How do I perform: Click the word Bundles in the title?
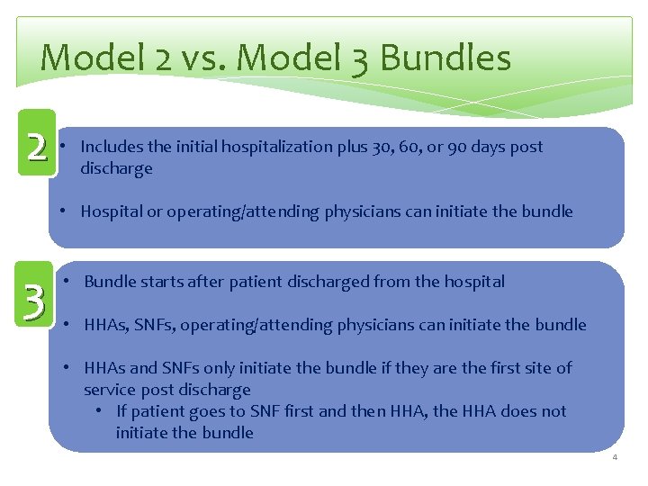pyautogui.click(x=445, y=58)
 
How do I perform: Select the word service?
pyautogui.click(x=110, y=390)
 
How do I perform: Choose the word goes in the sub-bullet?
pyautogui.click(x=211, y=411)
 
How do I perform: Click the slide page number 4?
pyautogui.click(x=615, y=458)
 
